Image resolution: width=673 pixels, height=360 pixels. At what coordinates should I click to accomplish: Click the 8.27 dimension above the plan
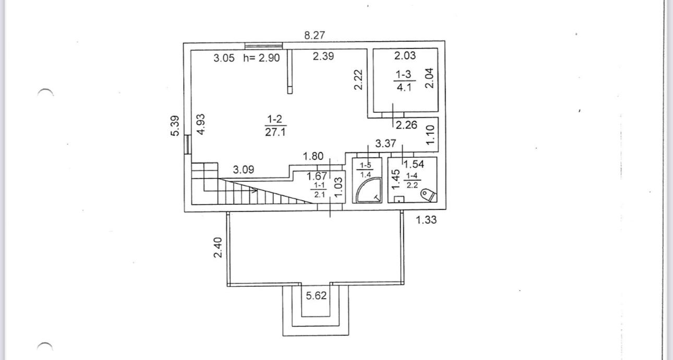tap(315, 36)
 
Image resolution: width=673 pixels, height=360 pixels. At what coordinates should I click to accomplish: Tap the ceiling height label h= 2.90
tap(261, 58)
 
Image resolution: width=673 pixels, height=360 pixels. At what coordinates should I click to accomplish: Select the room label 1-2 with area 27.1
tap(275, 126)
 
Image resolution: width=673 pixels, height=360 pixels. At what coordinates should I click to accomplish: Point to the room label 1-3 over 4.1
tap(404, 82)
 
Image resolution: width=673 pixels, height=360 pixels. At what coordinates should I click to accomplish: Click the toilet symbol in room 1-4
tap(428, 194)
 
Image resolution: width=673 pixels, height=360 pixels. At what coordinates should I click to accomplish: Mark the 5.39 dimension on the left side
tap(175, 125)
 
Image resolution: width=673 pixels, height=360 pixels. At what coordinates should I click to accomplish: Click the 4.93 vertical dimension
tap(201, 125)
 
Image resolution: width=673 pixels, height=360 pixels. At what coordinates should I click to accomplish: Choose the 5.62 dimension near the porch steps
tap(316, 296)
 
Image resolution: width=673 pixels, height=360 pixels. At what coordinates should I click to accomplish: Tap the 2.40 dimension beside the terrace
tap(219, 247)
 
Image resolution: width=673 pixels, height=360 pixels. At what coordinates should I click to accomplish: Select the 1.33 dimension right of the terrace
tap(426, 220)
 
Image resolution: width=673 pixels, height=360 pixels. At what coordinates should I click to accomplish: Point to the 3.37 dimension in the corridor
tap(386, 143)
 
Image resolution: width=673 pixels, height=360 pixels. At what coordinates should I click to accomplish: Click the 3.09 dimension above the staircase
tap(244, 170)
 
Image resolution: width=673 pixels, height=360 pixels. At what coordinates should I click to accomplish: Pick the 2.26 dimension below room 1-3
tap(406, 125)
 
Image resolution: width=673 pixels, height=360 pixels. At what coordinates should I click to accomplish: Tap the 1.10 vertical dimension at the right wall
tap(430, 135)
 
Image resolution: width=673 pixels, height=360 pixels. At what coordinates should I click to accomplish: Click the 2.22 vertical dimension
tap(358, 80)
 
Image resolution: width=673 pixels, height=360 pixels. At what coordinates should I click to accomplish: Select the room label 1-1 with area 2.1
tap(318, 190)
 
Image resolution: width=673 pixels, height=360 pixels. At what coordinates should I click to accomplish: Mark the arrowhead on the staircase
tap(255, 191)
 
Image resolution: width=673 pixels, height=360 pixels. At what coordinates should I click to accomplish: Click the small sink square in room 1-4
tap(399, 199)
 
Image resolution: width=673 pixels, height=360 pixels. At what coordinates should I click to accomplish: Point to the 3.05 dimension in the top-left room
tap(224, 58)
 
